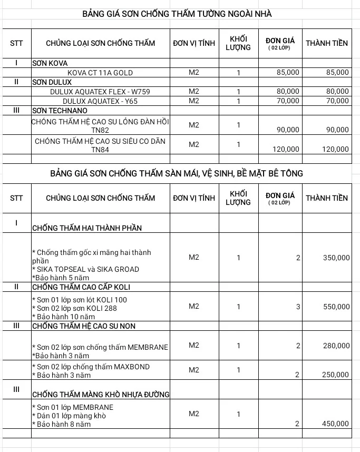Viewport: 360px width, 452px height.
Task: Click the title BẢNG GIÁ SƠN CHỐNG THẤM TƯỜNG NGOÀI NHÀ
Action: pyautogui.click(x=177, y=13)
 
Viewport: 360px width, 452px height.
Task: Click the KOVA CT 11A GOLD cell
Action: pyautogui.click(x=100, y=73)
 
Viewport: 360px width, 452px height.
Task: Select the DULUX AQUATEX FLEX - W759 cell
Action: pyautogui.click(x=100, y=92)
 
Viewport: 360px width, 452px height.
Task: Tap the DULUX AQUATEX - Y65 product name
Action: pyautogui.click(x=100, y=101)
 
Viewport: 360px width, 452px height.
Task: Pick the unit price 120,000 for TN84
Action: pyautogui.click(x=286, y=150)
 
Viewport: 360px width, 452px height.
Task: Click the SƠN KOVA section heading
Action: pyautogui.click(x=50, y=63)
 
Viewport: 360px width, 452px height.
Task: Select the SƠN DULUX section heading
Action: pyautogui.click(x=52, y=82)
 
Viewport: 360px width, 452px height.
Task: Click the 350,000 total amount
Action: pyautogui.click(x=336, y=258)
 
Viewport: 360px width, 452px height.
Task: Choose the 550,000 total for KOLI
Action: pyautogui.click(x=336, y=307)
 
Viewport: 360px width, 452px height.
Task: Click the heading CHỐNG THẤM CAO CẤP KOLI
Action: pyautogui.click(x=81, y=287)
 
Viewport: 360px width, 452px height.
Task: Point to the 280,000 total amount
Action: pyautogui.click(x=336, y=346)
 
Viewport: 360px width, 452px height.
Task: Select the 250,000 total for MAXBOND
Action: pyautogui.click(x=336, y=375)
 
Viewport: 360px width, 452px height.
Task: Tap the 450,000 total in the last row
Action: pyautogui.click(x=336, y=424)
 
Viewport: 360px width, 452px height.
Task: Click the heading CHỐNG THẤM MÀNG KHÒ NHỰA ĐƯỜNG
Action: pyautogui.click(x=101, y=395)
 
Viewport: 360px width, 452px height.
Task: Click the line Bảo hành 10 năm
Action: pyautogui.click(x=65, y=317)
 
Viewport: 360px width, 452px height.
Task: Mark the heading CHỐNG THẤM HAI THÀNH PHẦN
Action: pyautogui.click(x=87, y=228)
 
